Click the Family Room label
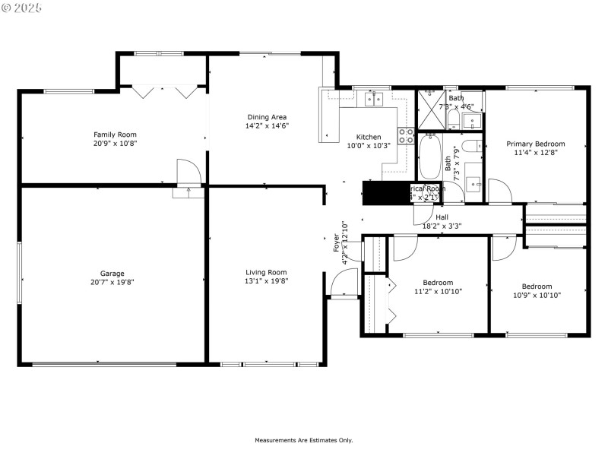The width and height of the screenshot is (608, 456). [115, 134]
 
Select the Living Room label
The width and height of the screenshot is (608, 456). [266, 272]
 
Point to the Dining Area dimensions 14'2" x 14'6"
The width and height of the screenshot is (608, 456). [267, 125]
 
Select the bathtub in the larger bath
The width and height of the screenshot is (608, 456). [431, 157]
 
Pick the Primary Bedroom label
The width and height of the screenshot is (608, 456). [536, 144]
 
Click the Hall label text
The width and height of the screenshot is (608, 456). [442, 217]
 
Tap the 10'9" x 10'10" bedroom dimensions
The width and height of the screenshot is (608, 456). [537, 295]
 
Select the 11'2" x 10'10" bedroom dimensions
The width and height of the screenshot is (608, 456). [438, 291]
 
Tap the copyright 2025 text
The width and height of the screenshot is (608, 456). [22, 7]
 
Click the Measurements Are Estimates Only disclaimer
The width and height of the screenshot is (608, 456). [303, 440]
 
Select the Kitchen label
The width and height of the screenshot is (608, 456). [369, 137]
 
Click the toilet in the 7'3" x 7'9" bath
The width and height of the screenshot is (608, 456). [470, 146]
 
